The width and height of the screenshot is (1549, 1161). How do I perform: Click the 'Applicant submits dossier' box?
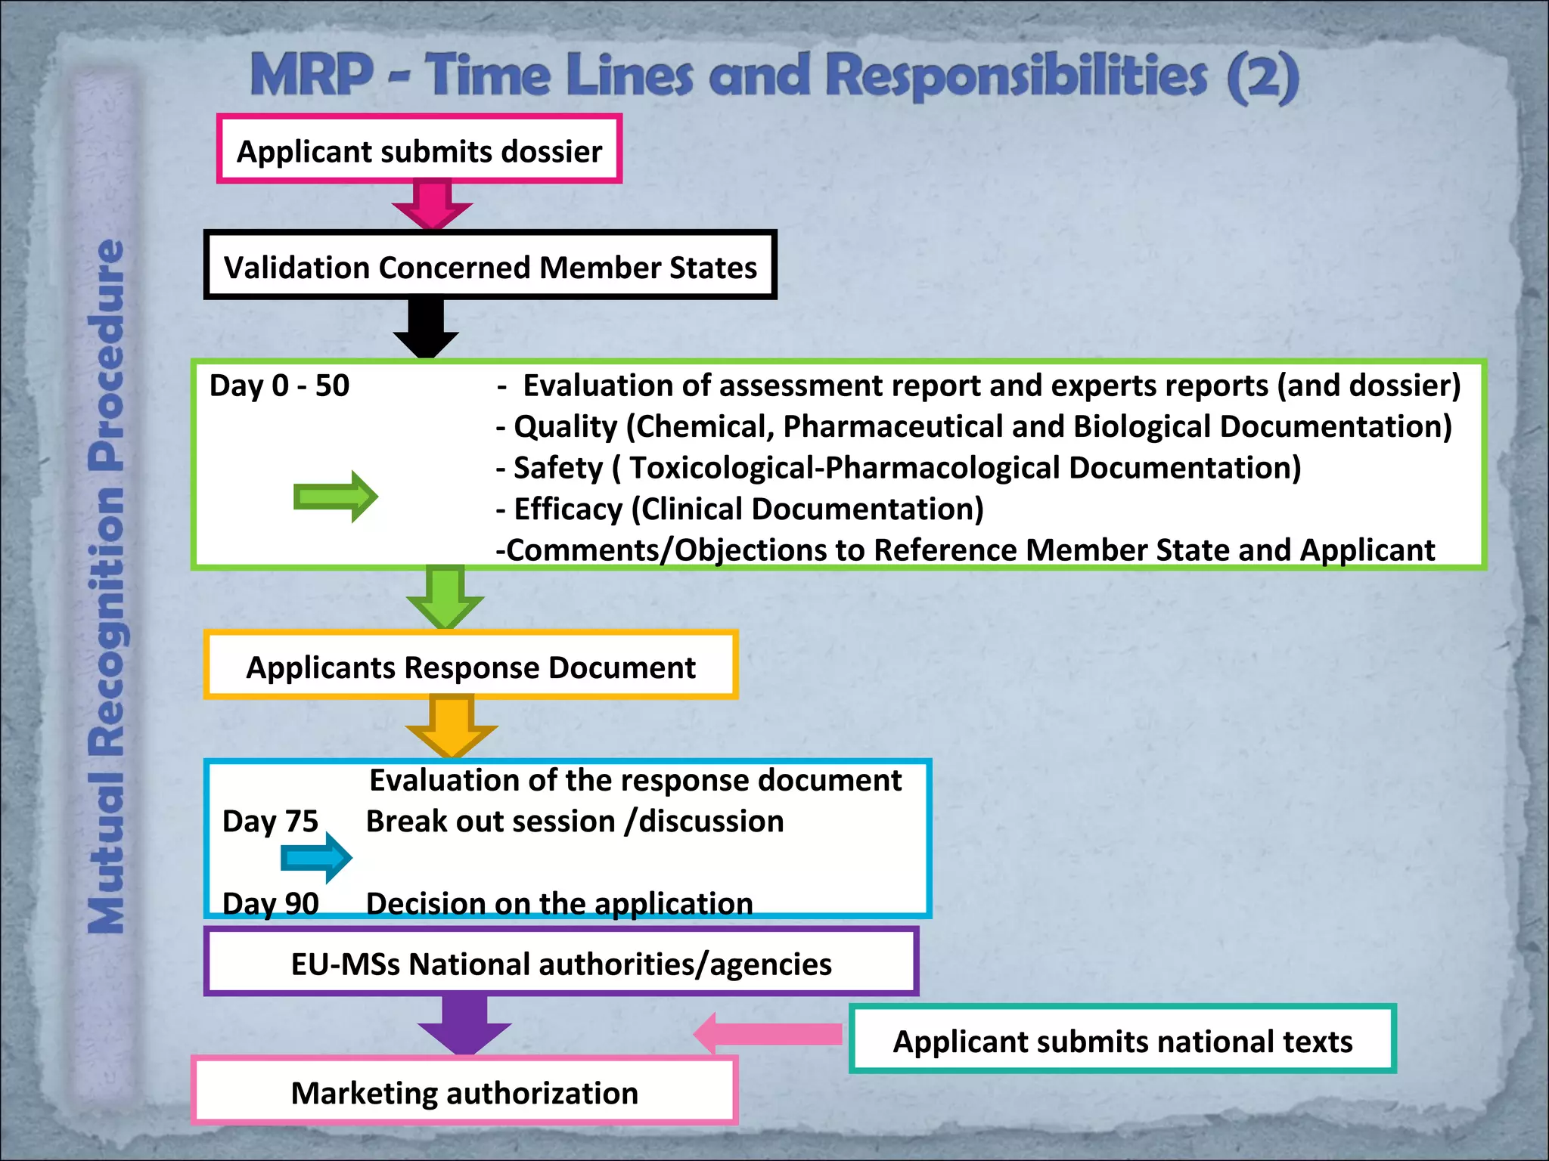[419, 150]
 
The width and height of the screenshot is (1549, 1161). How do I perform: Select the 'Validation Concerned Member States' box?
[490, 266]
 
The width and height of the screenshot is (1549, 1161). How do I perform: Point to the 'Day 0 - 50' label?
[279, 385]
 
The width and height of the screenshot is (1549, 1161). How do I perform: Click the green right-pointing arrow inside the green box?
[335, 497]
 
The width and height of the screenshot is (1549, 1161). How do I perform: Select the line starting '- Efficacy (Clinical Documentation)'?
[740, 509]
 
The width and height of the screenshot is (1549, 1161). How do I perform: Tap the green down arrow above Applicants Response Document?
[445, 598]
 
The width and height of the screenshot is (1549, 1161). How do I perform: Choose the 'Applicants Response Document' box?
[470, 666]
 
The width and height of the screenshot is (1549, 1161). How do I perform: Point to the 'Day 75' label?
[270, 821]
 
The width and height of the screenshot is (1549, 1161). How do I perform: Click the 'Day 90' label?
[270, 903]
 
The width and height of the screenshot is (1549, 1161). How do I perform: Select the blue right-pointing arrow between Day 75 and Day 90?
[316, 858]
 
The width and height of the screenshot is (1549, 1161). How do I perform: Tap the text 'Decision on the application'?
[559, 903]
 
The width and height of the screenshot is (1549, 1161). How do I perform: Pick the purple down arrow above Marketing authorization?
[464, 1024]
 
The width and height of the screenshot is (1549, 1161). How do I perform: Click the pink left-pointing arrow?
[767, 1034]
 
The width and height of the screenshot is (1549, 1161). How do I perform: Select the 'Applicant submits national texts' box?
[1122, 1039]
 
